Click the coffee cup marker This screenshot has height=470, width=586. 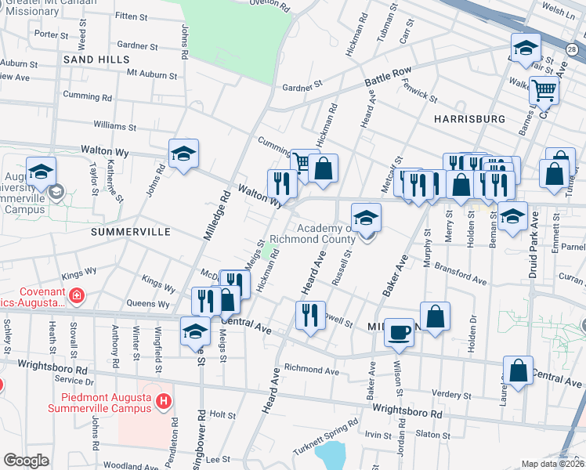coord(400,333)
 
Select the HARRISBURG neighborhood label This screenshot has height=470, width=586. coord(468,118)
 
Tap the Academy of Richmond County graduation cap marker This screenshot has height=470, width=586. coord(366,219)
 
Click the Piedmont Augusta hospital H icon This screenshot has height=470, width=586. coord(163,403)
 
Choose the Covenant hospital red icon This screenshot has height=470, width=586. coord(76,296)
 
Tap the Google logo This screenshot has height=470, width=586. coord(26,461)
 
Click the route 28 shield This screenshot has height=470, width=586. coord(571,49)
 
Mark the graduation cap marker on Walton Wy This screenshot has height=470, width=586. coord(183,154)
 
